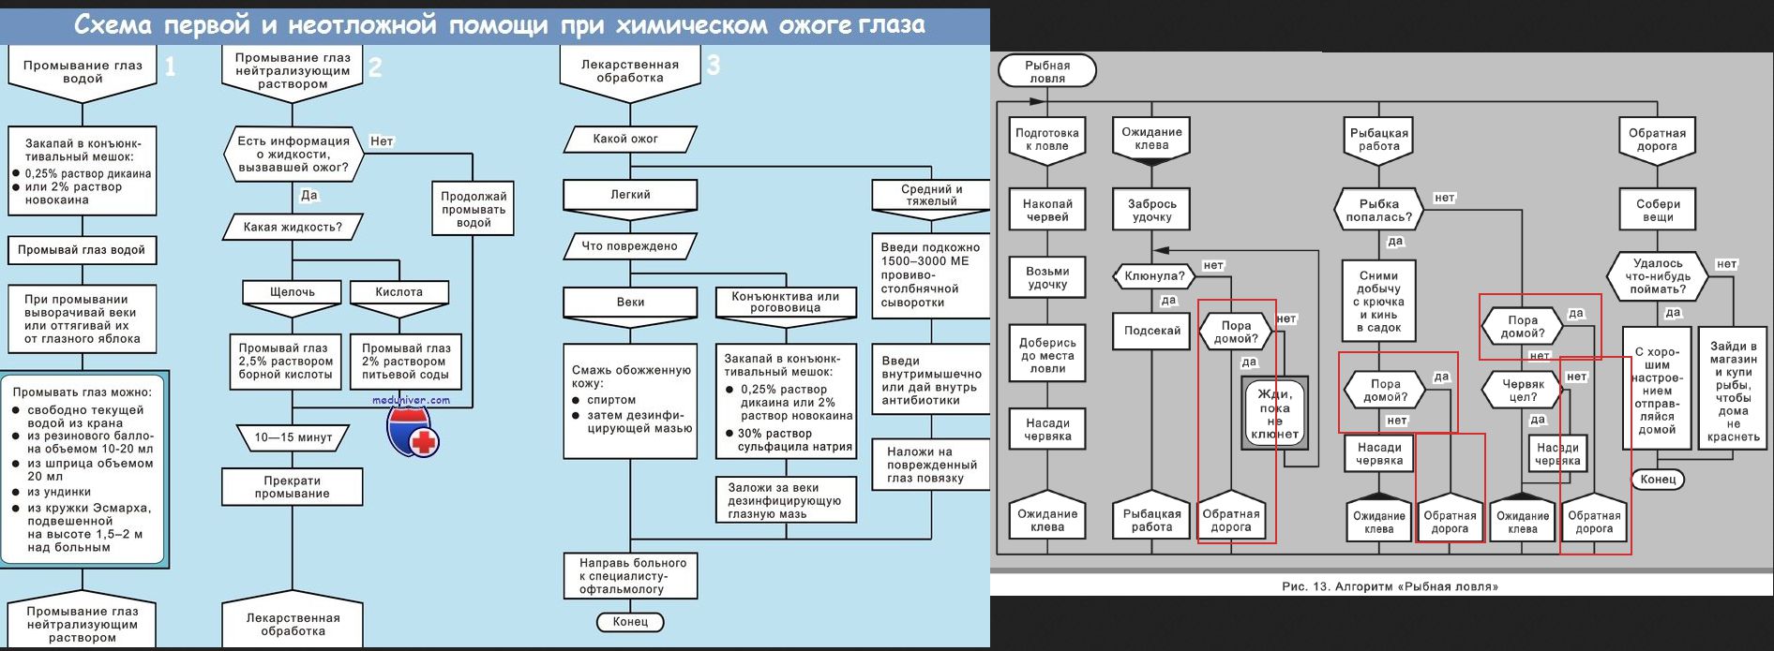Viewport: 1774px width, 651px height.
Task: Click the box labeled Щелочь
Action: coord(293,292)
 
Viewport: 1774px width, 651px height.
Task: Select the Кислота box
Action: coord(399,292)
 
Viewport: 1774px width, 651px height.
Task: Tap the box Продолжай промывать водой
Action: coord(474,209)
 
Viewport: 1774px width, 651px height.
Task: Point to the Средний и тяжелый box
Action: coord(931,195)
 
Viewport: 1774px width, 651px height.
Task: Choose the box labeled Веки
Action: coord(630,302)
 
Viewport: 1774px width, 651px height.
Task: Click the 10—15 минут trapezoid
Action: coord(293,437)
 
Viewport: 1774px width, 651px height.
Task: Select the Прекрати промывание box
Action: coord(293,487)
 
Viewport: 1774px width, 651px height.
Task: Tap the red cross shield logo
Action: coord(413,432)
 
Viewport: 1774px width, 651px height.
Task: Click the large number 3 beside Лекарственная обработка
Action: coord(714,66)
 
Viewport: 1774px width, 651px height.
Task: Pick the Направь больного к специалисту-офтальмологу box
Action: coord(631,576)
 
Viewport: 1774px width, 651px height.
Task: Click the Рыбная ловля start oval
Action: coord(1047,71)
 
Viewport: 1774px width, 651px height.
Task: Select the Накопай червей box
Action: coord(1047,210)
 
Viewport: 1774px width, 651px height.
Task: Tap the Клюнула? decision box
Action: coord(1154,276)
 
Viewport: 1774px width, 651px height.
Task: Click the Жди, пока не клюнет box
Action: coord(1274,414)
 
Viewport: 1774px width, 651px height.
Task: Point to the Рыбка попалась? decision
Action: coord(1378,210)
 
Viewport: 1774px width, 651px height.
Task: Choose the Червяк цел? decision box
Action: coord(1523,391)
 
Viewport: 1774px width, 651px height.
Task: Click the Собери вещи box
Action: coord(1658,210)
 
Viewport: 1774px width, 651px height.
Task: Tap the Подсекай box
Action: coord(1152,331)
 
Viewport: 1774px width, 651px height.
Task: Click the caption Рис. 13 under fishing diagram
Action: coord(1390,586)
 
